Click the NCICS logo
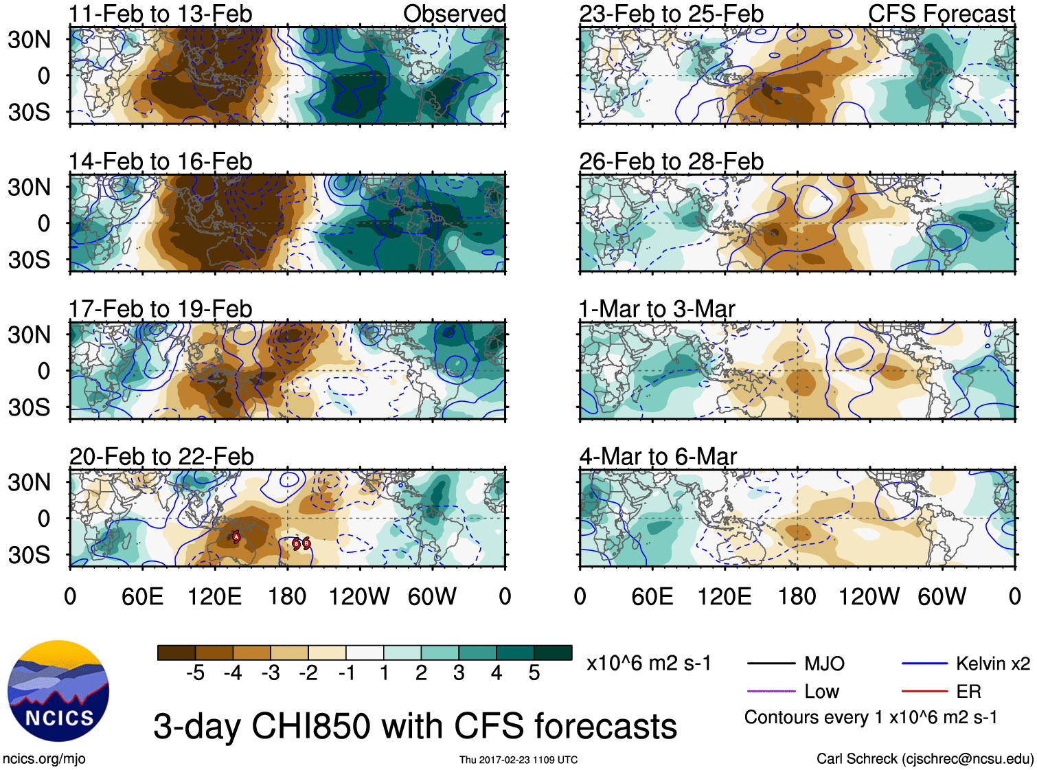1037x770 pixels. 58,690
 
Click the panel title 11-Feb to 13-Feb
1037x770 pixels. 160,14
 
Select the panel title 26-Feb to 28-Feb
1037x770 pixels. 671,161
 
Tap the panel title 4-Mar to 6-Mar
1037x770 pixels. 658,457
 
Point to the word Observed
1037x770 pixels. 454,14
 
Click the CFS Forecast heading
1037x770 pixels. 941,14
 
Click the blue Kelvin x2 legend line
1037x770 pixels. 924,664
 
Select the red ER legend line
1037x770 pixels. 924,691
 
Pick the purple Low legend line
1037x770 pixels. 771,691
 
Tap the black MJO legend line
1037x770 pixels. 771,664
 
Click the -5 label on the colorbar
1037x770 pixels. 195,673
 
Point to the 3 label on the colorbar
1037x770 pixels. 459,673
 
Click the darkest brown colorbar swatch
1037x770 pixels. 176,653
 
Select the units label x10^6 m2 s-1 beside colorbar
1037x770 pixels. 648,664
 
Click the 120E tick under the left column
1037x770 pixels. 214,596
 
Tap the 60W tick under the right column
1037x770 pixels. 942,596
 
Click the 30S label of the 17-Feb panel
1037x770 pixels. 29,407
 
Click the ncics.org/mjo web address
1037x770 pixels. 44,758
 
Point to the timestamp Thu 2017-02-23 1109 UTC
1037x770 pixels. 518,760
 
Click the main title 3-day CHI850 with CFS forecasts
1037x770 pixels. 415,726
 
